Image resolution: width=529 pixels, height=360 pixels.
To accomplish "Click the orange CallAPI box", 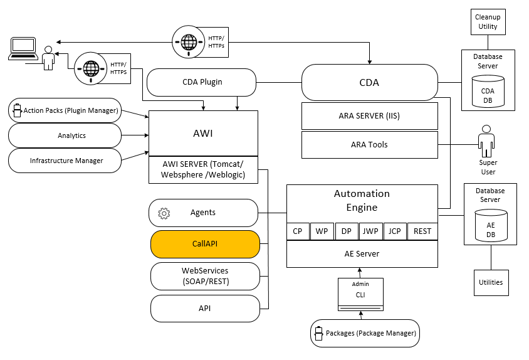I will point(205,244).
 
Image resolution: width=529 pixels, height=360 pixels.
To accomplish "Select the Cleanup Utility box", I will point(487,22).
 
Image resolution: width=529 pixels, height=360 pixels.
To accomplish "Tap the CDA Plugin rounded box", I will point(202,82).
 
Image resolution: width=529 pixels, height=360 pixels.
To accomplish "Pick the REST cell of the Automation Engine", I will point(422,231).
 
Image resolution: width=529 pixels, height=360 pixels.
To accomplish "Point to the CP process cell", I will point(298,231).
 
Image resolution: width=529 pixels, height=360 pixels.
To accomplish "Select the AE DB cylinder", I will point(490,228).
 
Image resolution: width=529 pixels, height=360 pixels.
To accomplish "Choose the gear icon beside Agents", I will point(164,213).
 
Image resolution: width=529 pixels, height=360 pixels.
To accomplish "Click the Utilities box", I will point(491,282).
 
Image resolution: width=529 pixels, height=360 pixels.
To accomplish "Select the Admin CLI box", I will point(360,294).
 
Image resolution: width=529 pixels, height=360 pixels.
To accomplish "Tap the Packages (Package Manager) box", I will point(365,333).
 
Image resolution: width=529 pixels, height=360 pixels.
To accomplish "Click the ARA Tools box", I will point(369,144).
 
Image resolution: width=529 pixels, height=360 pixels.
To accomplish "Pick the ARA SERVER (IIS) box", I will point(369,115).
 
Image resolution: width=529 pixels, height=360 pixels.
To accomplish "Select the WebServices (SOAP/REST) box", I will point(205,276).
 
